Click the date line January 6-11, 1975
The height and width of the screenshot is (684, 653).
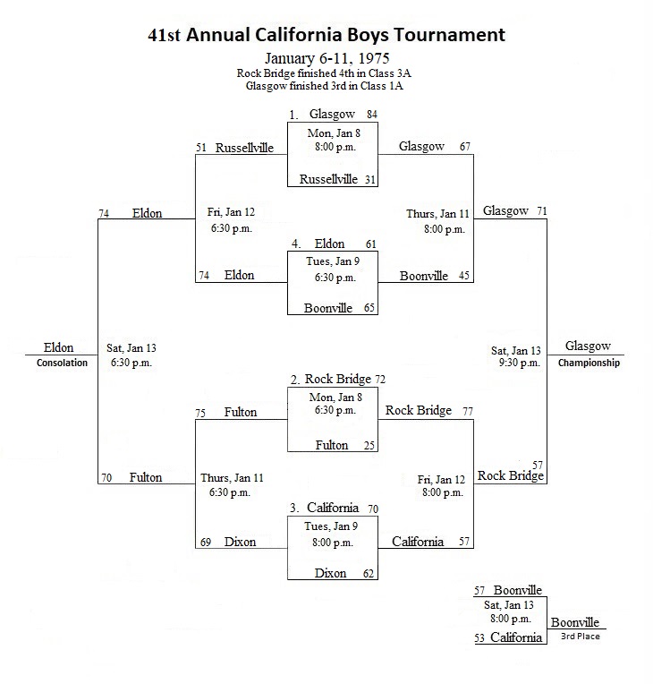[x=326, y=58]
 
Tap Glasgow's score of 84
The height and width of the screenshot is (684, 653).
[x=372, y=115]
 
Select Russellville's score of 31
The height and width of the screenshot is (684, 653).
[x=370, y=179]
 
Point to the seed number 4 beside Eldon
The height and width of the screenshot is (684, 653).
[x=296, y=244]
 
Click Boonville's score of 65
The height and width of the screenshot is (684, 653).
[x=369, y=308]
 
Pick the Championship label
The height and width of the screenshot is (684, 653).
[x=589, y=363]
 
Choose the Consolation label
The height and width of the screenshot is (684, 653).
[x=62, y=363]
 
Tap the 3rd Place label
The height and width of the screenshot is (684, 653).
[x=581, y=637]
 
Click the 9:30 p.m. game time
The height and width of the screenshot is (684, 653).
[x=520, y=363]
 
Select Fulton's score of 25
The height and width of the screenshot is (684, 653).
[x=369, y=445]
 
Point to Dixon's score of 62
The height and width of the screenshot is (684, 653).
[x=369, y=574]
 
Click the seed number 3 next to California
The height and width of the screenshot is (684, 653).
[x=294, y=509]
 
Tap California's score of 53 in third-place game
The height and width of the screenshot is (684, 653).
[x=479, y=638]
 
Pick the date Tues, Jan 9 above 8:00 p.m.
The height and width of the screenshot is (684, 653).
[x=331, y=526]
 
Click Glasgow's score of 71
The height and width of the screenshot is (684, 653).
[x=542, y=211]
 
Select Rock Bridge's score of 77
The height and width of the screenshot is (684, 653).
[x=468, y=411]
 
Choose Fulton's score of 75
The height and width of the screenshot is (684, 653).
[x=200, y=413]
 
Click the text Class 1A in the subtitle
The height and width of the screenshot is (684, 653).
[x=386, y=86]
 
